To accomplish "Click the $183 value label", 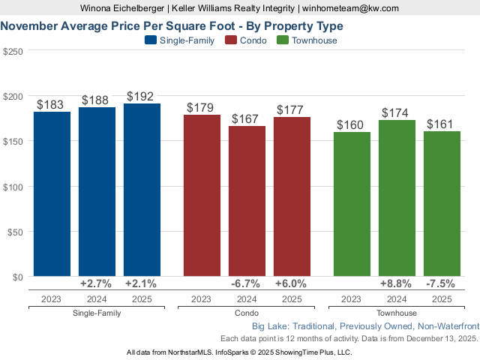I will click(52, 104).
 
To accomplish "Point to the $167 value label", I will click(247, 118).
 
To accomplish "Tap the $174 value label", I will click(397, 112).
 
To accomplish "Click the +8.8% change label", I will click(397, 284).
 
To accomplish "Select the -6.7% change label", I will click(247, 284).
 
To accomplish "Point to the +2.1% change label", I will click(142, 284).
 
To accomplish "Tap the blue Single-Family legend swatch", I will click(150, 40).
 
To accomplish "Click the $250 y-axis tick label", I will click(13, 51).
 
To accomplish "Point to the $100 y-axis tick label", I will click(13, 186).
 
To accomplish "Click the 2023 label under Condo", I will click(202, 298).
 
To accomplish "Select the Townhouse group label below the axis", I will click(397, 313).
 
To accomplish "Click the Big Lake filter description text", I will click(365, 326).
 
